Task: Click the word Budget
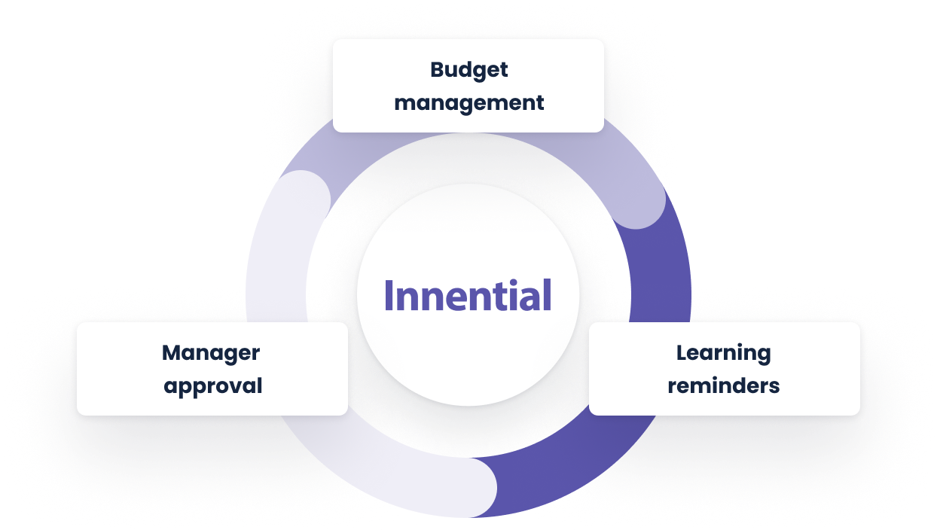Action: (468, 70)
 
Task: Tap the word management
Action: (468, 102)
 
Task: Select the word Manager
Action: (211, 352)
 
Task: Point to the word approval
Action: (213, 386)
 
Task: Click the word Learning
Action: (723, 352)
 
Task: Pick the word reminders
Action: (723, 386)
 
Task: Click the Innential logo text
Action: (468, 295)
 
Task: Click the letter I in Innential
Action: (389, 296)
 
